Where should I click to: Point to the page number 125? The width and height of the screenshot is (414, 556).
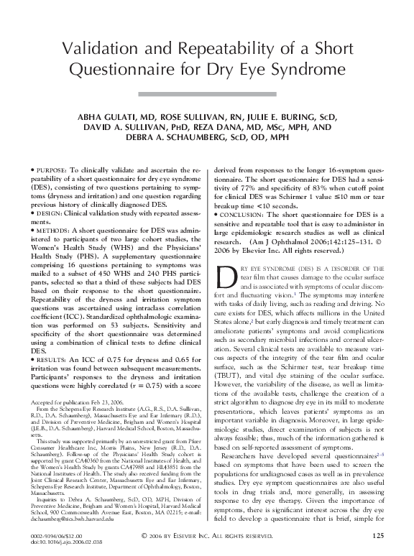pos(379,534)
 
